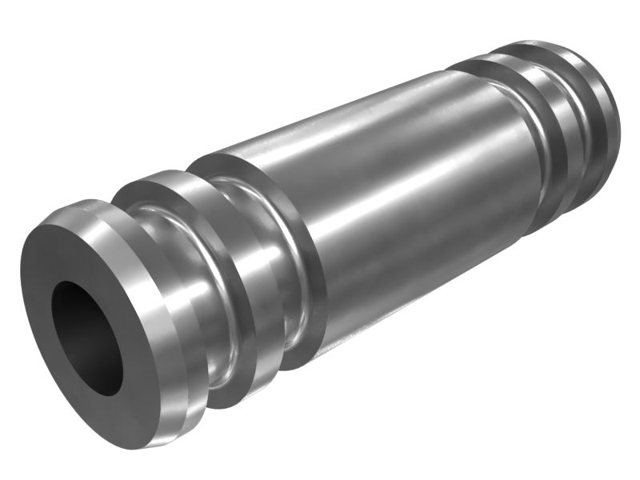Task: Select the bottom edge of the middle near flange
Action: (x=232, y=404)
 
